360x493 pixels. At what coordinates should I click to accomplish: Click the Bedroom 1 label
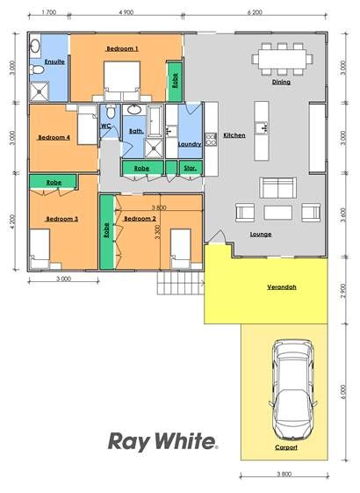[x=122, y=48]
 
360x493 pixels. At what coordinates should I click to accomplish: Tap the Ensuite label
[x=54, y=62]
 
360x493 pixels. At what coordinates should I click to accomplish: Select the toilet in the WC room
[x=111, y=111]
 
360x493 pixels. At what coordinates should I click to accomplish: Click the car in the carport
[x=292, y=389]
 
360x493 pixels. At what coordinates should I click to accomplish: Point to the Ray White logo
[x=162, y=441]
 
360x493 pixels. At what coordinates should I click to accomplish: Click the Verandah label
[x=282, y=286]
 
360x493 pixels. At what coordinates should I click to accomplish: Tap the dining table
[x=282, y=59]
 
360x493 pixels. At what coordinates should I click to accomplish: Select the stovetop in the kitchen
[x=210, y=139]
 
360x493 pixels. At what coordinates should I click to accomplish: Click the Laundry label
[x=190, y=144]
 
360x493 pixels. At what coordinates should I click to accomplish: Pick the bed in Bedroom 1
[x=122, y=80]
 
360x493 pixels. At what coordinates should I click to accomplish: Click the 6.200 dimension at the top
[x=255, y=12]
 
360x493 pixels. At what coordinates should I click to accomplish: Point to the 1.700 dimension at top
[x=48, y=12]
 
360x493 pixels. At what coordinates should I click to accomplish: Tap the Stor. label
[x=190, y=168]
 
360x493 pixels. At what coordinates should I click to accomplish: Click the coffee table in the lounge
[x=278, y=213]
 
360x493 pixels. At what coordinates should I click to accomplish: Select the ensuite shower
[x=40, y=91]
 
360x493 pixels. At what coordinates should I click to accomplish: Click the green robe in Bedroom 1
[x=175, y=81]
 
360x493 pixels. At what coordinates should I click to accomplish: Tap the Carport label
[x=286, y=447]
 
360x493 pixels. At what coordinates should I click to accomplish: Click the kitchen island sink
[x=262, y=127]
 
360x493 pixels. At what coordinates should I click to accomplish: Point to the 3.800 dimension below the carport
[x=284, y=475]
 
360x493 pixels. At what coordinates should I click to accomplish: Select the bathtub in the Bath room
[x=155, y=121]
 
